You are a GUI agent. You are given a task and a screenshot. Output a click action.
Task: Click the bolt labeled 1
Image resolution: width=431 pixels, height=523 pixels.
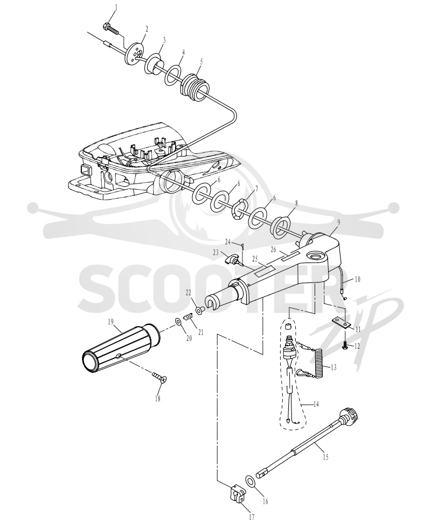click(x=111, y=28)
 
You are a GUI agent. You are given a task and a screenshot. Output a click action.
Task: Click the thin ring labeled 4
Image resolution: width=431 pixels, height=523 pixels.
click(x=173, y=75)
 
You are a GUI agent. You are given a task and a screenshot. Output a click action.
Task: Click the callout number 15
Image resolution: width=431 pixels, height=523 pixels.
click(x=325, y=457)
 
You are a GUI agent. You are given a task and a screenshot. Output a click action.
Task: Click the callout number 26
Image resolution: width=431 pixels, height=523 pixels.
click(x=274, y=249)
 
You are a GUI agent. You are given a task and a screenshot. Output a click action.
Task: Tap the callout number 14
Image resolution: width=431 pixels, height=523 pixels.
click(x=316, y=404)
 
